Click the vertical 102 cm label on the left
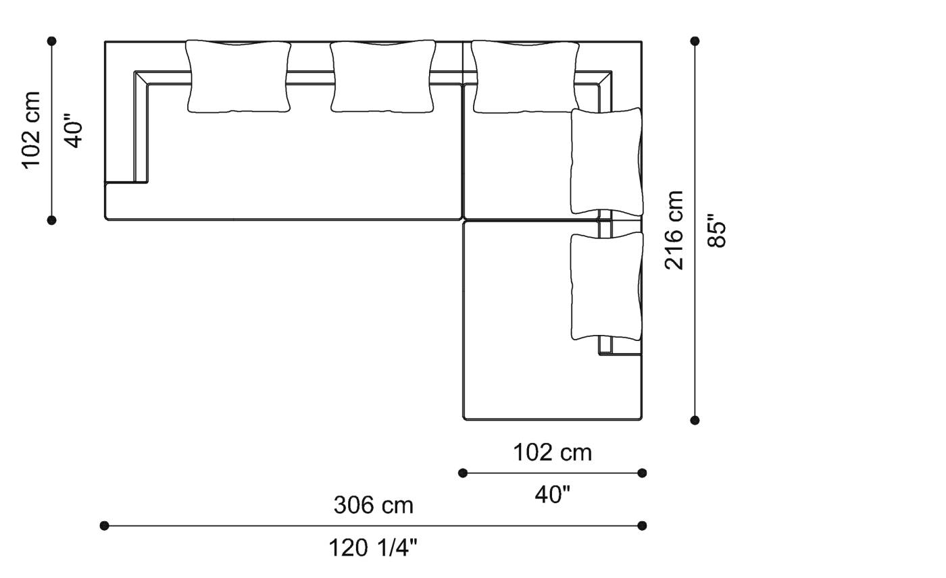click(32, 130)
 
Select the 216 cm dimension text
click(674, 230)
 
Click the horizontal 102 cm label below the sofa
click(552, 452)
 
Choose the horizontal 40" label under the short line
click(552, 495)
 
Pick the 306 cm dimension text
click(373, 505)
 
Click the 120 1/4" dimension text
click(373, 548)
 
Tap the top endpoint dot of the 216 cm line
click(695, 41)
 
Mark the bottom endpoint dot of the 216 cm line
click(695, 420)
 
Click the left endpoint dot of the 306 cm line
click(104, 525)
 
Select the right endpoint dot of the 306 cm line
click(642, 525)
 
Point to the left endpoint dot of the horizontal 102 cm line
click(463, 473)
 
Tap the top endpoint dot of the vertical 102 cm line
click(51, 41)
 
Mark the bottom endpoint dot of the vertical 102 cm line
click(51, 219)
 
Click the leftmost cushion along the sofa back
click(238, 76)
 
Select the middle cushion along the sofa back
click(382, 76)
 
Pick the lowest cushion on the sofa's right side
click(606, 286)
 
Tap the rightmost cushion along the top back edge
click(524, 76)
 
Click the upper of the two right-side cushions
click(606, 161)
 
